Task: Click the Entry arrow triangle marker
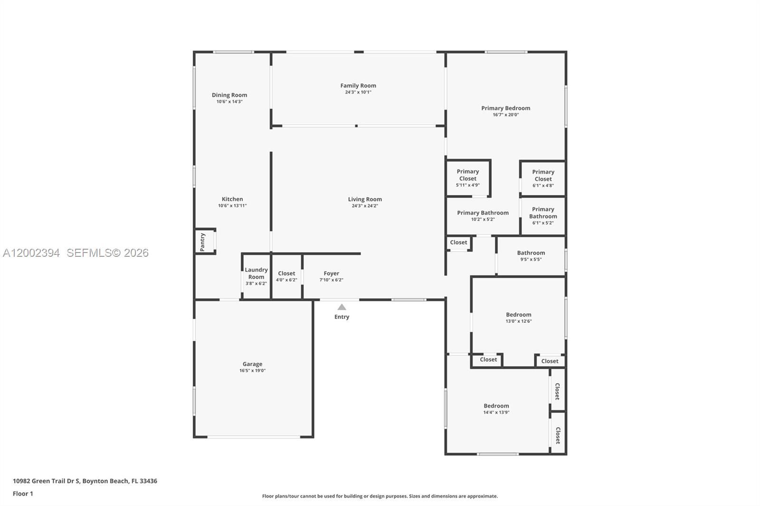342,307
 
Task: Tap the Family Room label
358,85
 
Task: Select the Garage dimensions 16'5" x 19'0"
252,370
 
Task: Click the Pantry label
202,242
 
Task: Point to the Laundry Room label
256,273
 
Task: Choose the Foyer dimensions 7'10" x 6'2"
332,280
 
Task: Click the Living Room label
365,199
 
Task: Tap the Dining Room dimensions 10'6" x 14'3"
230,102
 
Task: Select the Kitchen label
232,199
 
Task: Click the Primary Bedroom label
506,108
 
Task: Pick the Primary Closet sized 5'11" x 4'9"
468,178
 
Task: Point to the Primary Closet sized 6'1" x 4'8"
543,178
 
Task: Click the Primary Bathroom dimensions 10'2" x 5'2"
483,219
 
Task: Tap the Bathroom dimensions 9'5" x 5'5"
531,260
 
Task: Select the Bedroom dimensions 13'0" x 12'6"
519,321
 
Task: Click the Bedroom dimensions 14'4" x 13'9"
496,412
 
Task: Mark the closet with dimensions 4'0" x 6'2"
286,276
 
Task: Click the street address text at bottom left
85,481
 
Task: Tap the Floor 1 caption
23,494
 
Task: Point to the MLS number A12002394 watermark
31,253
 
